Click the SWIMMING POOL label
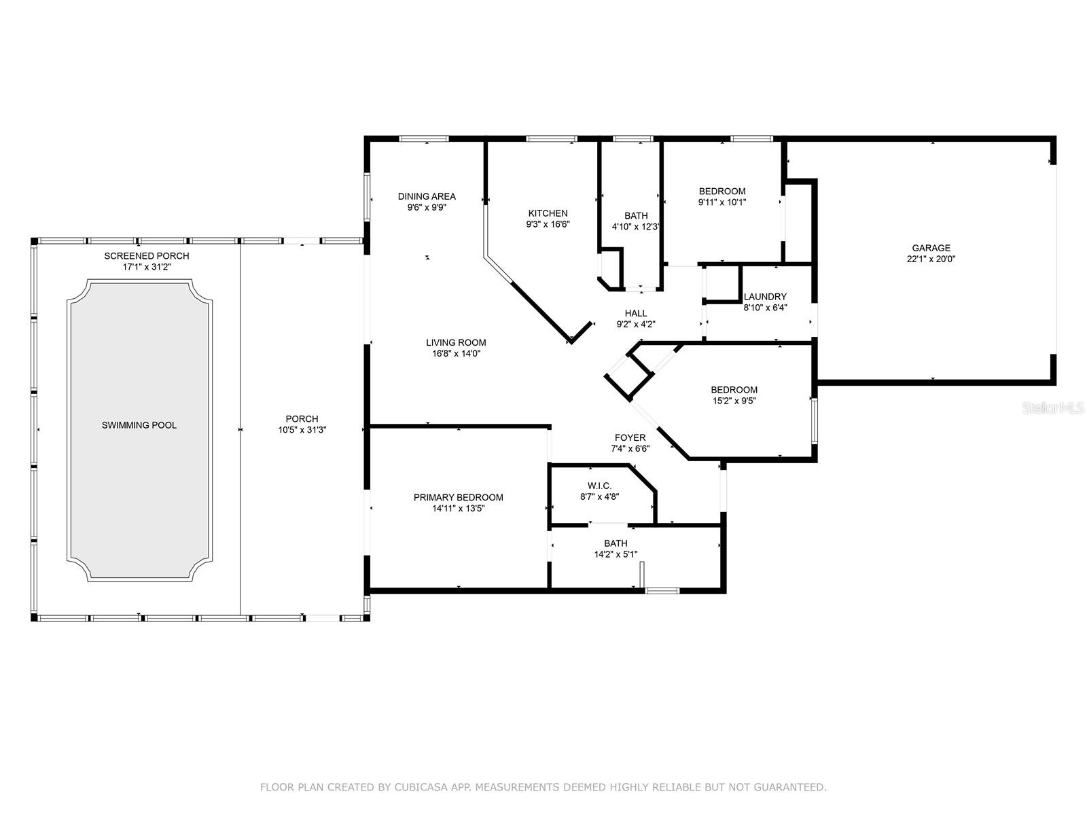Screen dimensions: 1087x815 [x=139, y=425]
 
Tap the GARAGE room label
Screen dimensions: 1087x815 [x=931, y=248]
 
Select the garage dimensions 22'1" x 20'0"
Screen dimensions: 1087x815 [x=931, y=259]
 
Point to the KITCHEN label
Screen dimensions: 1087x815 [x=548, y=213]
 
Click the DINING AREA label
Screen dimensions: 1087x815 [x=427, y=196]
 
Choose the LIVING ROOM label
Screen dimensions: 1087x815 [x=456, y=342]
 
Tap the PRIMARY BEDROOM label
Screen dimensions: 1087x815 [x=459, y=497]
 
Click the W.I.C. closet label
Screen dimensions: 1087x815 [x=600, y=486]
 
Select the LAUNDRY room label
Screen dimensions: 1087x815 [x=765, y=297]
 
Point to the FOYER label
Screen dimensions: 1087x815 [x=630, y=438]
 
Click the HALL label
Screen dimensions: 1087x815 [x=636, y=313]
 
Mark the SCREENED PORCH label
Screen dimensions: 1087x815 [x=147, y=256]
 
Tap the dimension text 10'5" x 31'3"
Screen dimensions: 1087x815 [x=302, y=430]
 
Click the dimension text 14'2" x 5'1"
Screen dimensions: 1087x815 [x=616, y=554]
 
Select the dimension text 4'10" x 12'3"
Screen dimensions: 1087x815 [x=636, y=227]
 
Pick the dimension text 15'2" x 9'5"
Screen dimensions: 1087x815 [x=734, y=401]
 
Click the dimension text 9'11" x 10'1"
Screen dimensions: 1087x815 [x=722, y=202]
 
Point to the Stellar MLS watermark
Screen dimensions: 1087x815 [x=1052, y=408]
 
